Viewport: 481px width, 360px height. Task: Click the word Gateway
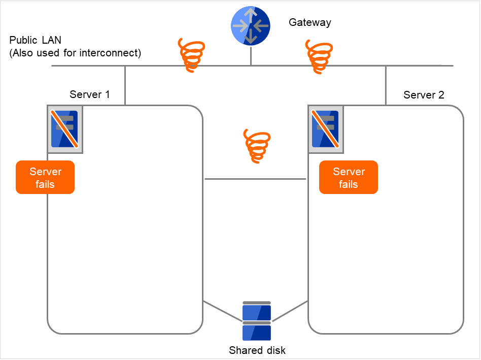310,22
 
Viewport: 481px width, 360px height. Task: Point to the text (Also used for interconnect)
75,52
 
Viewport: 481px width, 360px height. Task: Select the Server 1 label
89,94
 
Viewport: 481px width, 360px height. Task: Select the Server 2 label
424,95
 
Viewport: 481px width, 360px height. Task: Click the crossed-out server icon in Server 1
64,129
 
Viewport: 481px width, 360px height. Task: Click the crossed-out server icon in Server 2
325,129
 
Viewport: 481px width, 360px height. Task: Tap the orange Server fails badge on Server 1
45,177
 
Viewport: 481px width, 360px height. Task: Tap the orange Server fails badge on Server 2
349,177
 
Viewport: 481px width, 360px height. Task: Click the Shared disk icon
257,321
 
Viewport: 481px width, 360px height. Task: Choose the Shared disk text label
257,350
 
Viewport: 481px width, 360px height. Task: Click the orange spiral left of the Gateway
192,54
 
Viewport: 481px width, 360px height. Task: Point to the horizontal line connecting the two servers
255,179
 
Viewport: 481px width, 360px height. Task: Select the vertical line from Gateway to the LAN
251,56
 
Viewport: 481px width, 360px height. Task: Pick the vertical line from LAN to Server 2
386,85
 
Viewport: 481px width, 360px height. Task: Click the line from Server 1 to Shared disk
222,311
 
